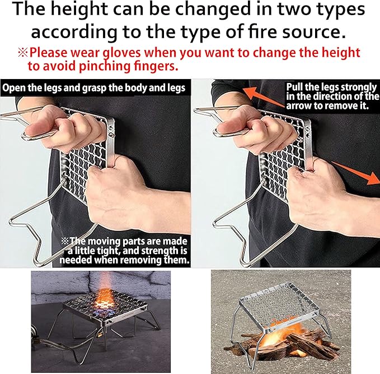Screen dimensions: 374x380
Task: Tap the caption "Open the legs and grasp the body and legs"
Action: [93, 87]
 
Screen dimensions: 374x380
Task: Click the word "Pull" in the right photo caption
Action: [297, 87]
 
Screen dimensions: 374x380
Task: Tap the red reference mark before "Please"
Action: [22, 53]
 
